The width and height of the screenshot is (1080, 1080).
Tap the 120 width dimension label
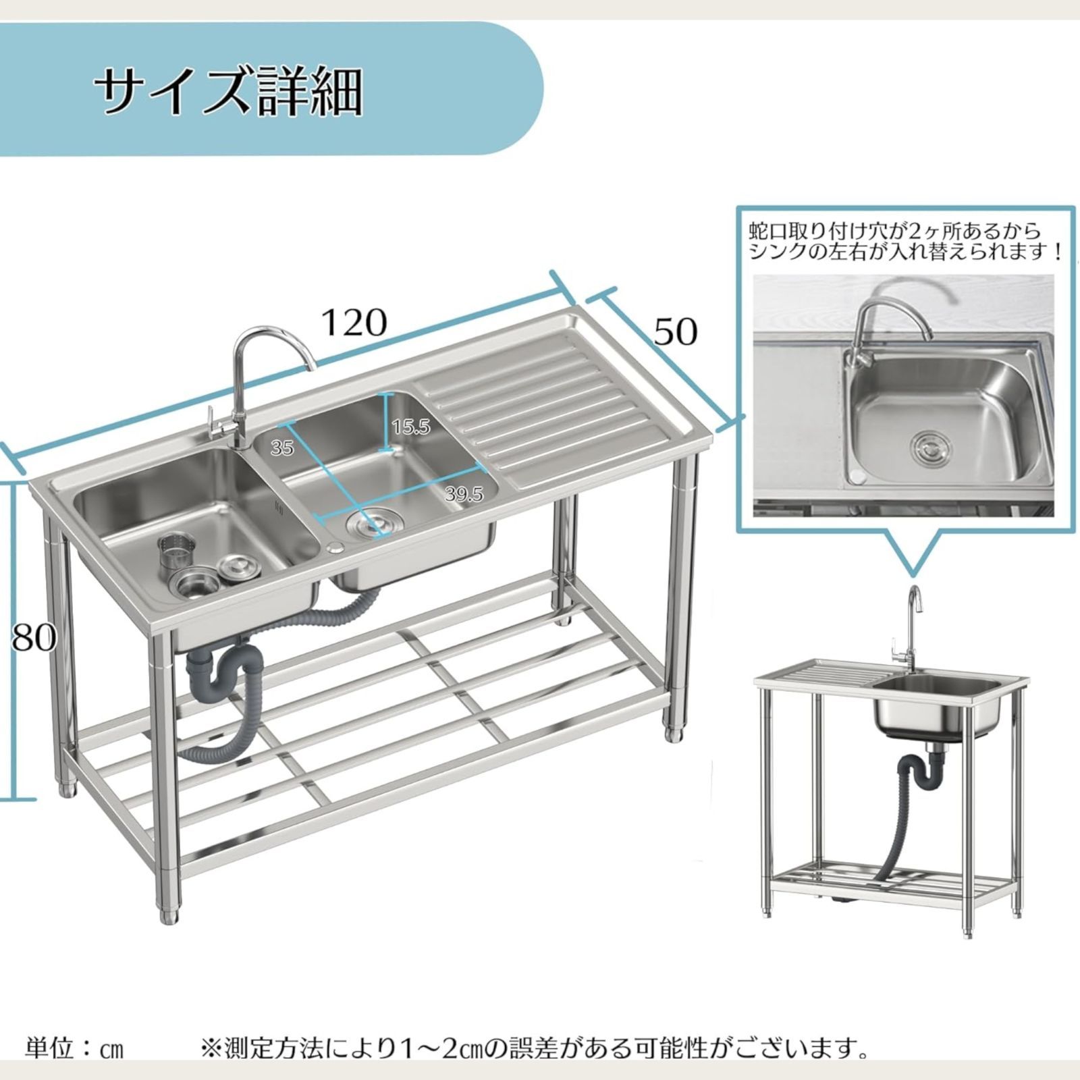click(354, 323)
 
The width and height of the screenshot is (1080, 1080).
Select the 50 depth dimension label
click(676, 331)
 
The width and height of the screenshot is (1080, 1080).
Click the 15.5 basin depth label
click(410, 427)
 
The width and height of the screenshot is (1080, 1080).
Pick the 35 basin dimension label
click(282, 447)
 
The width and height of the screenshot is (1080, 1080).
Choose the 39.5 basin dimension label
click(464, 494)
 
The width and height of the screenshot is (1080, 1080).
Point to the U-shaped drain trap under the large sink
click(223, 668)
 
